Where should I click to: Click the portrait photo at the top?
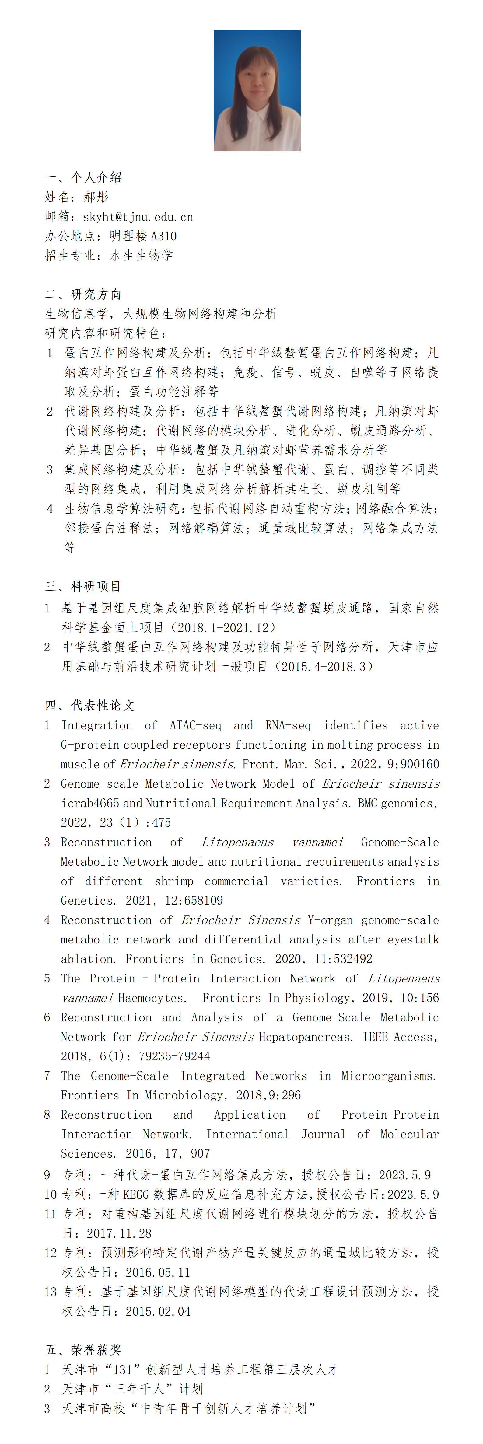point(257,90)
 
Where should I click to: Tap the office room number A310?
point(164,236)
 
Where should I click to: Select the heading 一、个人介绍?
point(83,178)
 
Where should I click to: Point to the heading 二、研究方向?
point(83,294)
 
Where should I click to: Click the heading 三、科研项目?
point(83,586)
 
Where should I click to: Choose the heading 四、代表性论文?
point(90,705)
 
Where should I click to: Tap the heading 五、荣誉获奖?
point(83,1350)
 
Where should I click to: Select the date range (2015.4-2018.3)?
point(320,667)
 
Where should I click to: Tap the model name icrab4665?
point(90,803)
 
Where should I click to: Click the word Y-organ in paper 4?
point(331,920)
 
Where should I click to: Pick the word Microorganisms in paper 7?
point(388,1076)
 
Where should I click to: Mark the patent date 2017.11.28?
point(119,1233)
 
